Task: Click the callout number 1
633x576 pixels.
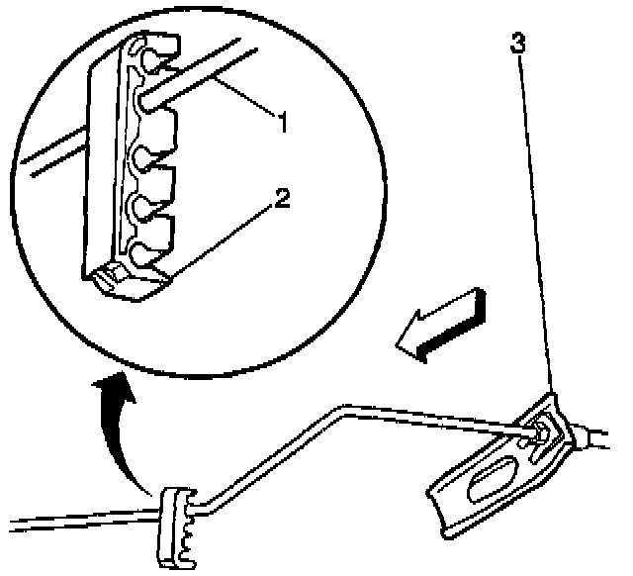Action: (x=282, y=125)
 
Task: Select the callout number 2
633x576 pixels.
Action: (x=283, y=199)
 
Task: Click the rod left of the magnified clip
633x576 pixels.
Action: (x=54, y=164)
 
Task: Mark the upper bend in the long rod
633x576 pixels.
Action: (x=346, y=406)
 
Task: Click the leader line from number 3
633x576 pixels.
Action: (x=534, y=218)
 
